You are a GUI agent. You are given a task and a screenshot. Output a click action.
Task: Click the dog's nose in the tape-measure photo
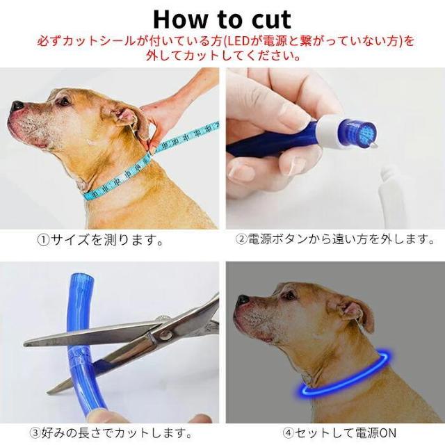17,106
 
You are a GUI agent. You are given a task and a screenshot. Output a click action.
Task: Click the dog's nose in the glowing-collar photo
243,300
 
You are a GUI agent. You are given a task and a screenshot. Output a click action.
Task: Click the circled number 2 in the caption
242,239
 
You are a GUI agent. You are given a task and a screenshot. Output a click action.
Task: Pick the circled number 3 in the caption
35,433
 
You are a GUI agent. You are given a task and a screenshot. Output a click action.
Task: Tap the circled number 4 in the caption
289,432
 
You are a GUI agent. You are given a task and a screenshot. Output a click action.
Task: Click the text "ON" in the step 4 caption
387,433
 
